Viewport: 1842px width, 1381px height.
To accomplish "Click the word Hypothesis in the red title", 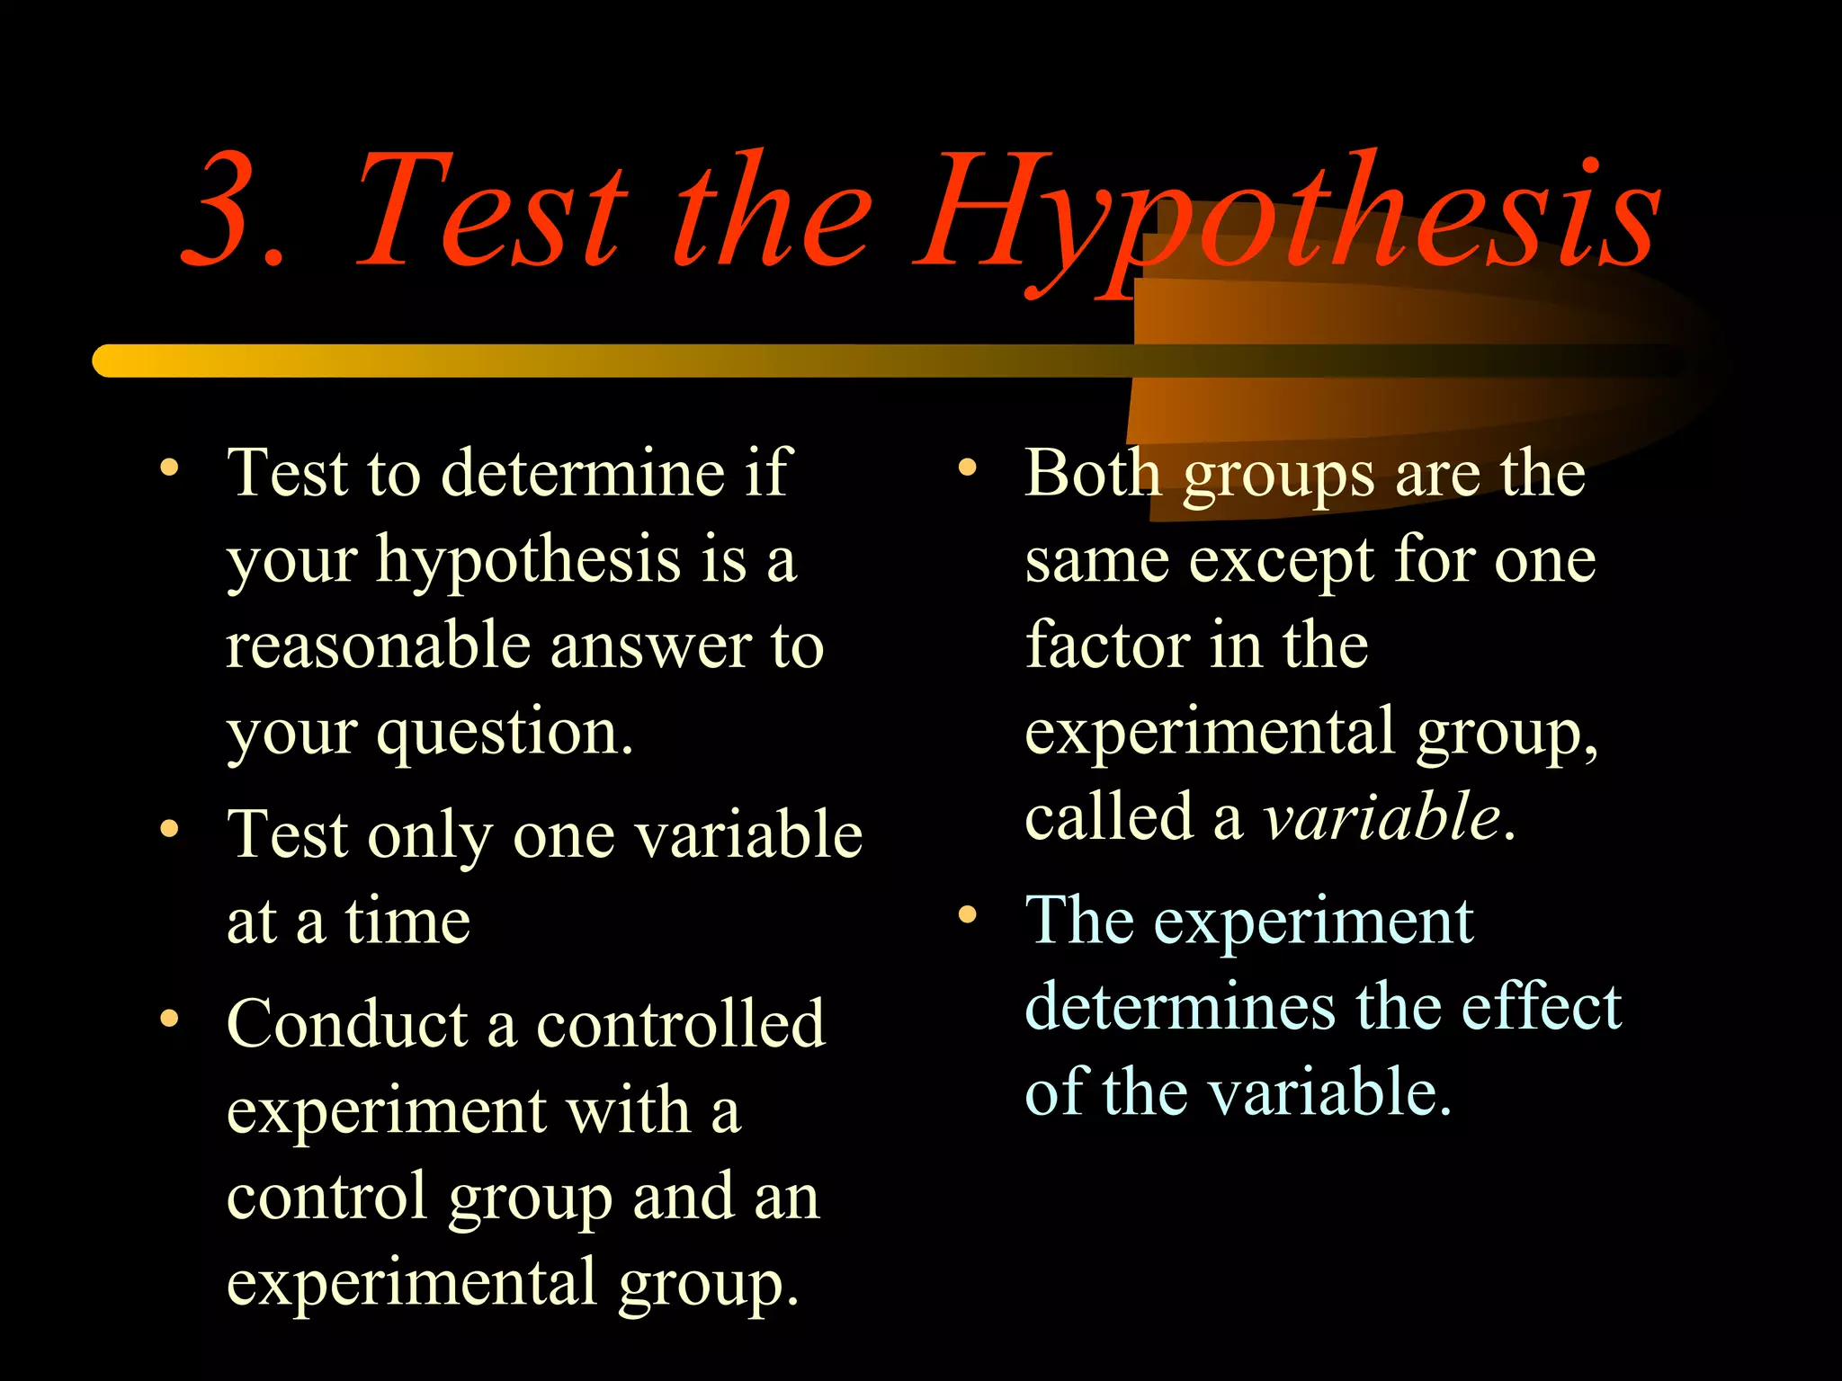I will (x=1286, y=216).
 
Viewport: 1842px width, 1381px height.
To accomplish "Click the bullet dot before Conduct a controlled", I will (x=169, y=1019).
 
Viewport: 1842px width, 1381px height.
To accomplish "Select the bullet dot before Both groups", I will (x=967, y=468).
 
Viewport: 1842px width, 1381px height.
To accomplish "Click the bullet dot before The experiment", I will (x=967, y=915).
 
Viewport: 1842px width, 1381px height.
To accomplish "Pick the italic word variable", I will (x=1381, y=818).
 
